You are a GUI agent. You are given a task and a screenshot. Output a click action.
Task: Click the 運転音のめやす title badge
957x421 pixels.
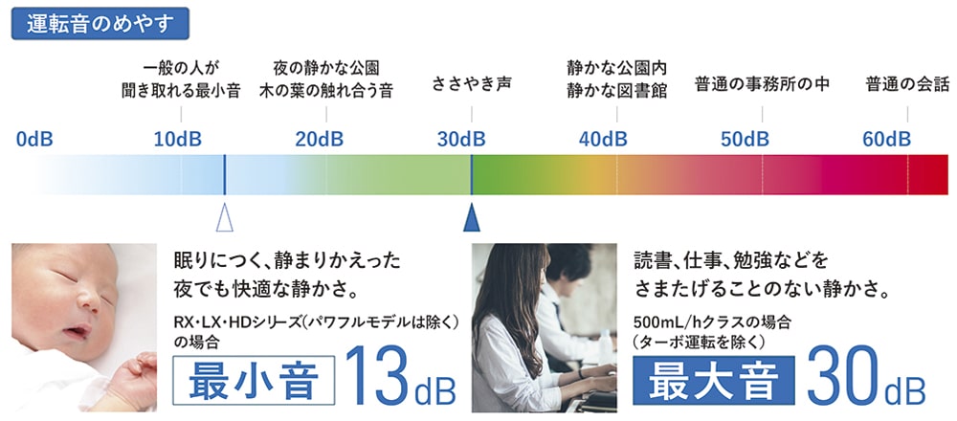pos(100,24)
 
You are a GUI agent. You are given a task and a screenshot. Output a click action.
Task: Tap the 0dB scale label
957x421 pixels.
pos(34,140)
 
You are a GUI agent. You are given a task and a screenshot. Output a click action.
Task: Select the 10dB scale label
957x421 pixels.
pos(178,140)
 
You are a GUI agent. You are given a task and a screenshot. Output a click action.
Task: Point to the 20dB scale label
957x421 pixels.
pos(320,140)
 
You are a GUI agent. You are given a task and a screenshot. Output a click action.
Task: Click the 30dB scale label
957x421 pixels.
pos(461,140)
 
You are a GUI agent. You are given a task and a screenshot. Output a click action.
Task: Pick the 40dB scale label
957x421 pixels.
pos(603,140)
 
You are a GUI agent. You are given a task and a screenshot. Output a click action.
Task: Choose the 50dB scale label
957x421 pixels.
pos(745,140)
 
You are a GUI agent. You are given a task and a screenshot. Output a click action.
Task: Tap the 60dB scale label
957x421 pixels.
pos(887,140)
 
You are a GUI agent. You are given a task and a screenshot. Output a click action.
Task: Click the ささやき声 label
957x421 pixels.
pos(471,84)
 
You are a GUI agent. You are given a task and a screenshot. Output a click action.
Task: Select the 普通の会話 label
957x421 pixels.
pos(907,84)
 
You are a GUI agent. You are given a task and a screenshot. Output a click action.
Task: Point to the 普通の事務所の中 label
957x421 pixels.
pos(763,84)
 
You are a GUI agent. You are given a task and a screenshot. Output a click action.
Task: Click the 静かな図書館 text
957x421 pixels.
pos(616,92)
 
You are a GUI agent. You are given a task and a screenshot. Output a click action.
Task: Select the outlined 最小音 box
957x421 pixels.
pos(254,380)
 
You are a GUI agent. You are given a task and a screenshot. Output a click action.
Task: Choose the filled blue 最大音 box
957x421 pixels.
pos(714,380)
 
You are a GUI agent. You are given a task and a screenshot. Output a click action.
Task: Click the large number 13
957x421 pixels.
pos(378,377)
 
